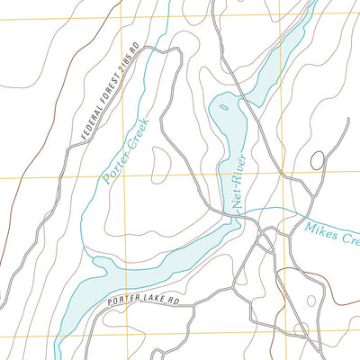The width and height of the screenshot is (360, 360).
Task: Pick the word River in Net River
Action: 246,173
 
